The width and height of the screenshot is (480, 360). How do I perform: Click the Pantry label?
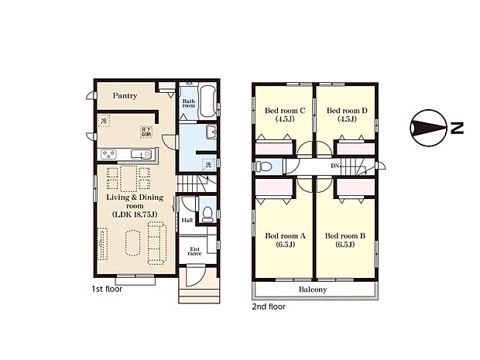pos(125,96)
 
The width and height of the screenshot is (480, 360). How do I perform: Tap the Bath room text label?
pos(189,104)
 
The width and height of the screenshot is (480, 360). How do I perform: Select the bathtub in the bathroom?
pos(208,101)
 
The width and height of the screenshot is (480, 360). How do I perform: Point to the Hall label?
pos(187,220)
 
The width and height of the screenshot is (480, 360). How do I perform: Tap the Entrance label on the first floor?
pos(194,251)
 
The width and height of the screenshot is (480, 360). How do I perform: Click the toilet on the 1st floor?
pos(207,211)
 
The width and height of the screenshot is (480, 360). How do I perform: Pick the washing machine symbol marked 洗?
pos(207,163)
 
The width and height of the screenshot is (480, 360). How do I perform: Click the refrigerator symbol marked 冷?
pos(104,122)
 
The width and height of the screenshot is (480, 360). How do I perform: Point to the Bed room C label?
pos(284,115)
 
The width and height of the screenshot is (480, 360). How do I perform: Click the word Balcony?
pos(313,290)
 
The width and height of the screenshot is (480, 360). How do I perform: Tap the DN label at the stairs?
pos(334,166)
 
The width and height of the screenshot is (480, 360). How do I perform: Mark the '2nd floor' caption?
pos(269,307)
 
